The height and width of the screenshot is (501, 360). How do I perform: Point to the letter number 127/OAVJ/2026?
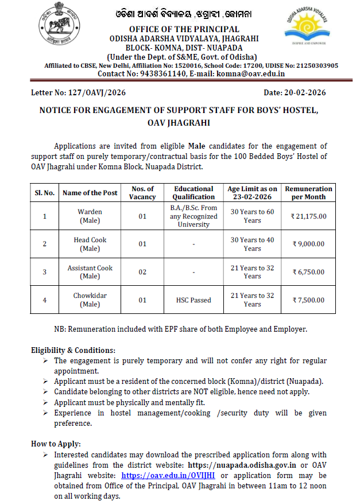click(92, 92)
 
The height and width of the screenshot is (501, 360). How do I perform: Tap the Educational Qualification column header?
click(193, 192)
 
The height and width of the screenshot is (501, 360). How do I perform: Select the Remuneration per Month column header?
click(308, 192)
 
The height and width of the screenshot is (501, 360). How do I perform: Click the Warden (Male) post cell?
click(90, 216)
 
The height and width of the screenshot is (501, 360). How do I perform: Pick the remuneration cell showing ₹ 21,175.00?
click(308, 216)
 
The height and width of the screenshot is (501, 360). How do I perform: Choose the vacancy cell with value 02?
click(142, 272)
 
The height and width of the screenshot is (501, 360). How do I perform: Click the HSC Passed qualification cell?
click(193, 300)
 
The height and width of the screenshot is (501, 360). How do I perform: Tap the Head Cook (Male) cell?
click(90, 244)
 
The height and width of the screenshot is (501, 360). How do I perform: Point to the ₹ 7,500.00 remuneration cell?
click(308, 300)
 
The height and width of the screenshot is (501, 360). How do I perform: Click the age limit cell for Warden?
click(252, 216)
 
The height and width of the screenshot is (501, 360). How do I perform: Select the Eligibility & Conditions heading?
click(73, 350)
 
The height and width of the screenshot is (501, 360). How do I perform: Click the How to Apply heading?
click(56, 444)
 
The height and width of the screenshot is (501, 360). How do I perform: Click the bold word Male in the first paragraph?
click(198, 146)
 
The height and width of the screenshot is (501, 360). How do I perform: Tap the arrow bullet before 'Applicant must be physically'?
click(45, 402)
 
